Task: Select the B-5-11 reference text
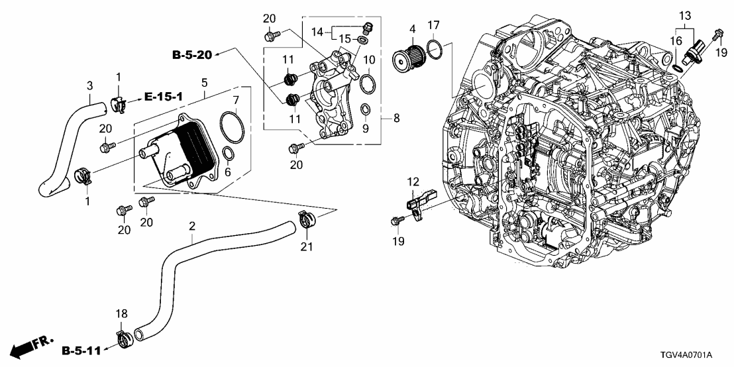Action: tap(81, 349)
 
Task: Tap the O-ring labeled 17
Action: tap(435, 49)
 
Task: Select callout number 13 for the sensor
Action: tap(684, 15)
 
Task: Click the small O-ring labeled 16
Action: tap(677, 68)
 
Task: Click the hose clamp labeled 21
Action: tap(306, 218)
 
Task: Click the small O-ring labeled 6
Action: tap(227, 154)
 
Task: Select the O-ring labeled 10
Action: tap(369, 84)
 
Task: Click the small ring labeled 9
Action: tap(366, 108)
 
